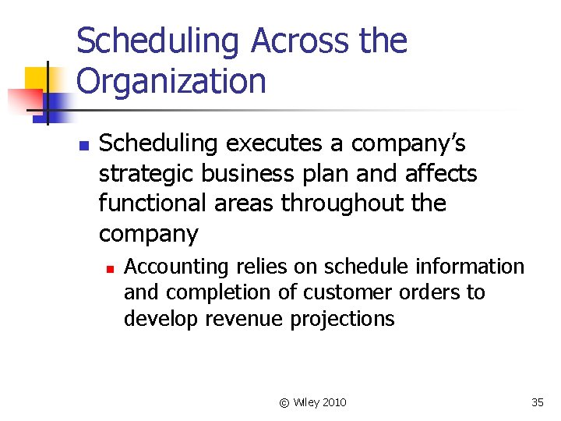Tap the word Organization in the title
171,80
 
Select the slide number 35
537,402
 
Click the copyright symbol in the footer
284,402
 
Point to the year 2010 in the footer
334,402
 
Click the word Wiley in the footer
305,402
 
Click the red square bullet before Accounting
111,268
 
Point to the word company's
408,144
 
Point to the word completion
215,293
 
